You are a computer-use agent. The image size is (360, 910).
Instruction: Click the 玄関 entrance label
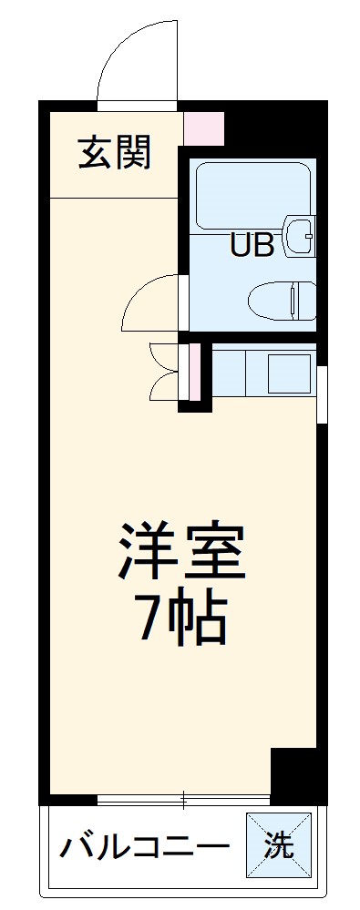(x=113, y=152)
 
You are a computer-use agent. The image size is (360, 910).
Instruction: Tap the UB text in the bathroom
(x=251, y=246)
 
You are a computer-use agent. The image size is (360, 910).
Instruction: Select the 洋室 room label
(x=180, y=552)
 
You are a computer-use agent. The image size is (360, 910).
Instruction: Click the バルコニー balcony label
(x=144, y=849)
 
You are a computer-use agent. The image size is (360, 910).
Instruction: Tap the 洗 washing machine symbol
(x=279, y=846)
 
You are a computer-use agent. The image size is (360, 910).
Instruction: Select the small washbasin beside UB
(x=299, y=235)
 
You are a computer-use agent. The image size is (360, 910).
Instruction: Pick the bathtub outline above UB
(x=252, y=193)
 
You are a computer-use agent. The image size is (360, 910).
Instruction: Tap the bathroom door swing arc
(x=150, y=301)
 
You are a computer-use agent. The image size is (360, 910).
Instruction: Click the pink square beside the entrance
(x=202, y=129)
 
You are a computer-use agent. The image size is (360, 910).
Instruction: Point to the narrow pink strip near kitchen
(x=192, y=373)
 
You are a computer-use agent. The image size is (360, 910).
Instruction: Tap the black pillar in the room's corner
(x=296, y=774)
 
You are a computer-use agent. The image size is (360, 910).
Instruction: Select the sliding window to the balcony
(x=182, y=801)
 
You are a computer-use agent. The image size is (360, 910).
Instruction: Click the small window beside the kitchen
(x=322, y=393)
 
